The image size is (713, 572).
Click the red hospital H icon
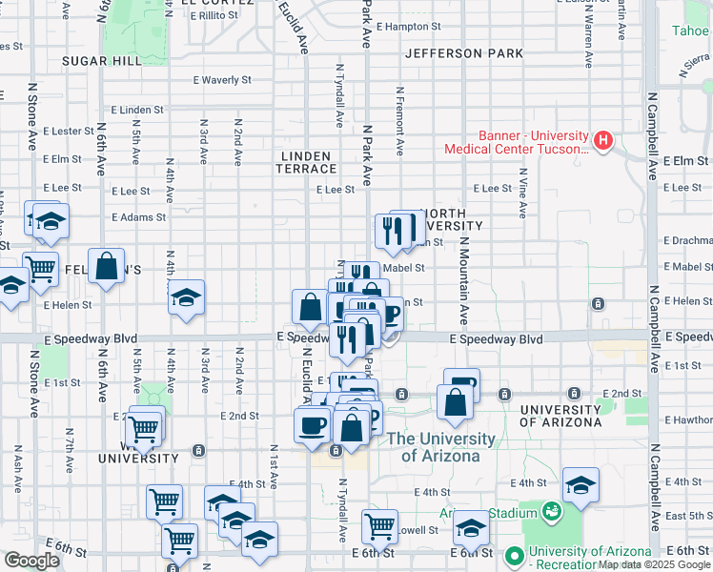click(x=601, y=141)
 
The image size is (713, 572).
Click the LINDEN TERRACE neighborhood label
click(x=306, y=162)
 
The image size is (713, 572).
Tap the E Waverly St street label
click(x=221, y=81)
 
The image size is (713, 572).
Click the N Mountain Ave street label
click(x=464, y=276)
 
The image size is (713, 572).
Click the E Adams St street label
click(x=138, y=217)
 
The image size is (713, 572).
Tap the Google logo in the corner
click(x=32, y=561)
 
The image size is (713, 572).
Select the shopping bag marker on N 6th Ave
click(x=107, y=267)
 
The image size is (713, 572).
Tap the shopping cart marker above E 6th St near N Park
click(x=380, y=525)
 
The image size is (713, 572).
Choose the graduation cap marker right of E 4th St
click(x=581, y=485)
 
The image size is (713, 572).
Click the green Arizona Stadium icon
click(x=551, y=513)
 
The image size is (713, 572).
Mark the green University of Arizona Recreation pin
click(x=515, y=554)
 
